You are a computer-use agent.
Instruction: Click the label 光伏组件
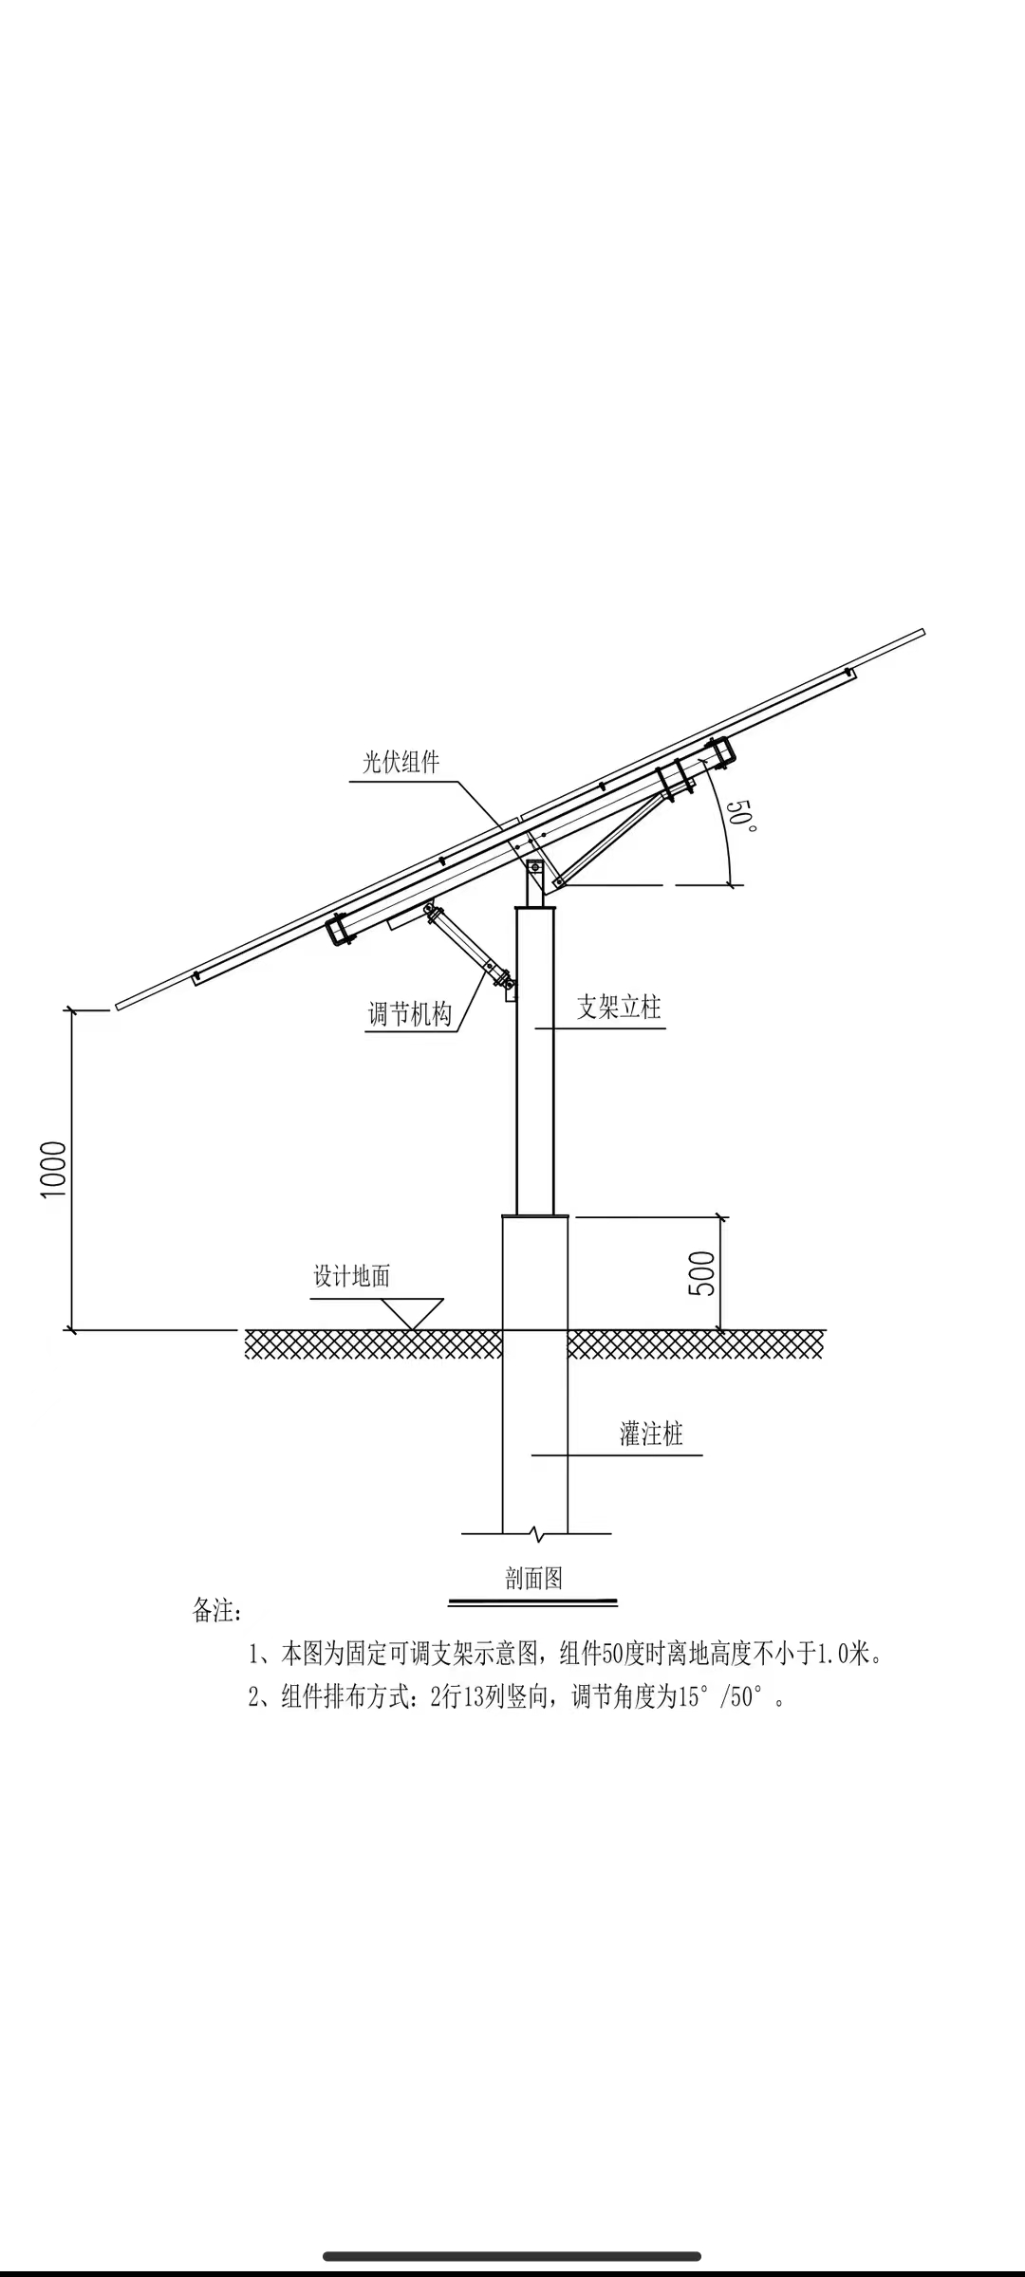(401, 762)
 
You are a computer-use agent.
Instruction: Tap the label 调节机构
(409, 1014)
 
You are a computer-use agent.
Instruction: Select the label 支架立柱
(619, 1007)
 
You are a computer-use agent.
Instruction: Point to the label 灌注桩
(651, 1434)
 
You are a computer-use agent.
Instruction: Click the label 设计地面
(352, 1276)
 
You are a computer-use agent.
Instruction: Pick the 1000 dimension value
(54, 1169)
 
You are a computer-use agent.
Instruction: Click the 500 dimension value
(702, 1273)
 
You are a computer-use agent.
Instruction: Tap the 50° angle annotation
(741, 816)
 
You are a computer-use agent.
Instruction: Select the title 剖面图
(533, 1578)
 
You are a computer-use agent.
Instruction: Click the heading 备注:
(217, 1611)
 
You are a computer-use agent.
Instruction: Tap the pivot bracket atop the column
(535, 867)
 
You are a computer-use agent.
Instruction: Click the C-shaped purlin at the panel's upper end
(723, 750)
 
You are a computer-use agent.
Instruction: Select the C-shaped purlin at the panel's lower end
(339, 930)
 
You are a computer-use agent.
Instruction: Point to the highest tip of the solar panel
(922, 632)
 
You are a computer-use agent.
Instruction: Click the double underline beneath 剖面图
(532, 1602)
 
